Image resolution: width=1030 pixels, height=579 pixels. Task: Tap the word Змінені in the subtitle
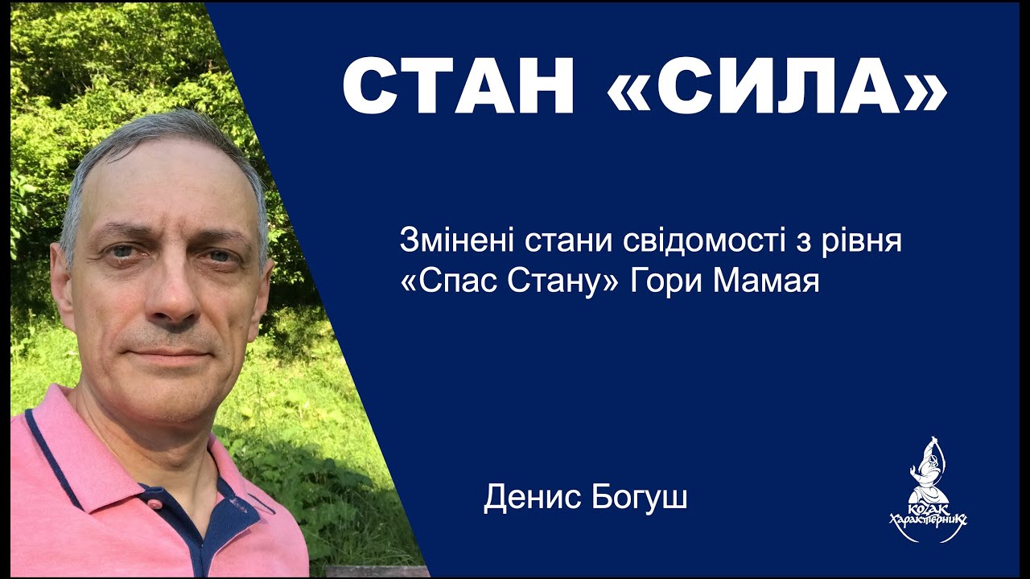click(456, 241)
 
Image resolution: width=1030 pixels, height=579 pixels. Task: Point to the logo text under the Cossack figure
click(928, 519)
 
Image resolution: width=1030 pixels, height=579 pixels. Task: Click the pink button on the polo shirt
click(154, 503)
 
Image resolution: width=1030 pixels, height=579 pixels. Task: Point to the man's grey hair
click(161, 133)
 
